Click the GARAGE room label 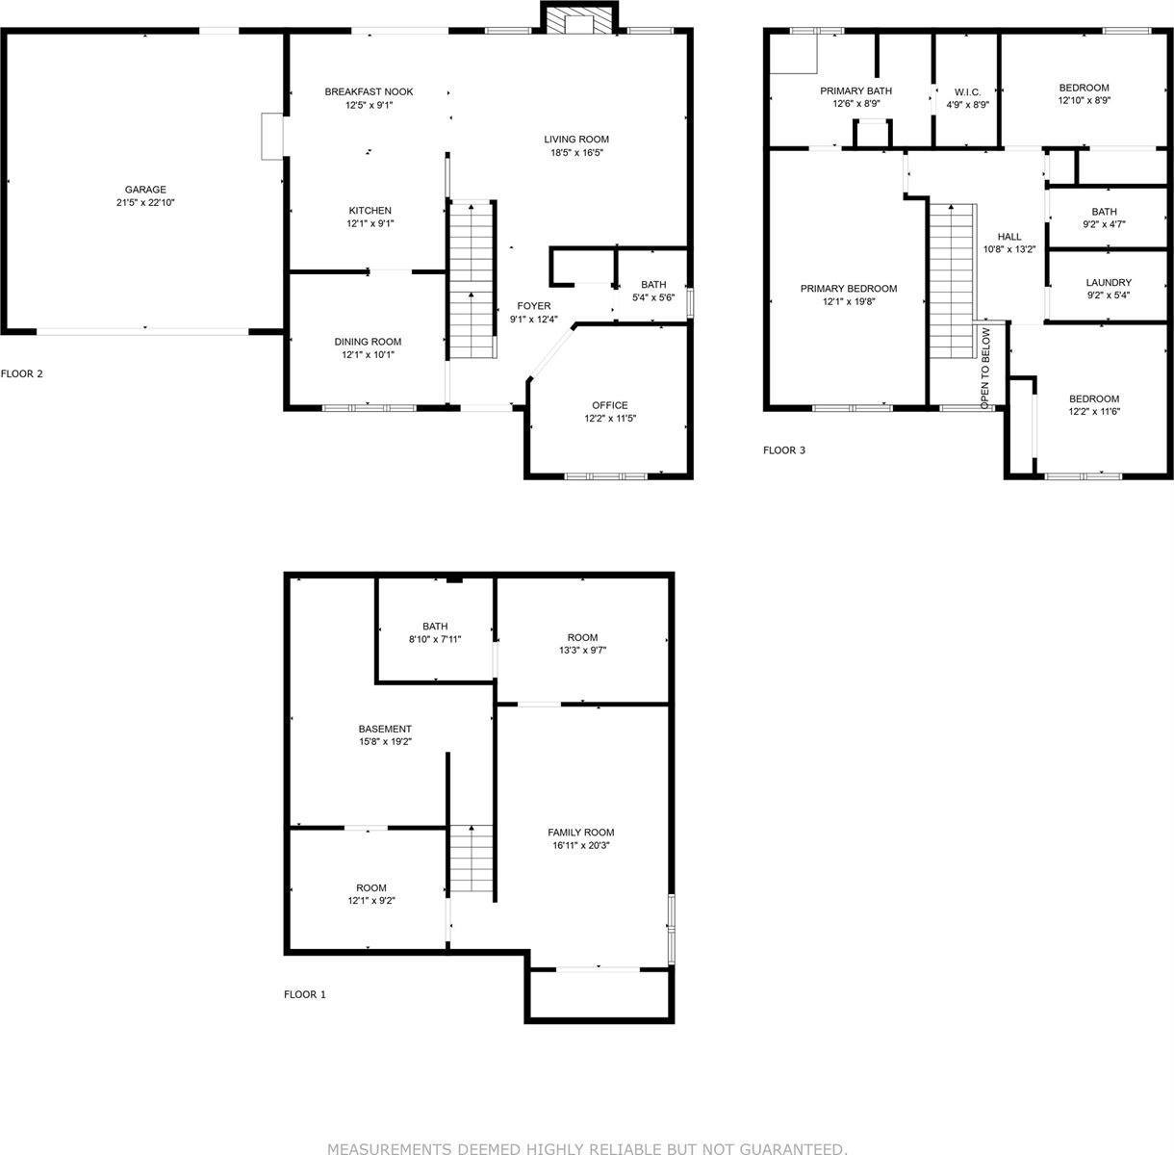tap(145, 190)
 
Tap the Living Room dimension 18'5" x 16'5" tap(577, 152)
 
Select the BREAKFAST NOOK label tap(369, 91)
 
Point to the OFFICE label tap(610, 405)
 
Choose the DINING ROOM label tap(368, 342)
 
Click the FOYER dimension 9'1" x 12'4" tap(534, 319)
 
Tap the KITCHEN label tap(370, 210)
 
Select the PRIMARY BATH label tap(856, 90)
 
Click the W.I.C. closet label tap(967, 92)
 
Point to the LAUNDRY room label tap(1109, 282)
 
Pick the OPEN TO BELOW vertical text tap(985, 368)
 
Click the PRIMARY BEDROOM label tap(849, 289)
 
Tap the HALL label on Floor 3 tap(1009, 237)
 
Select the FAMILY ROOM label tap(580, 832)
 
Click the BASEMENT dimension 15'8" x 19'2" tap(386, 742)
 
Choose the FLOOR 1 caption tap(305, 994)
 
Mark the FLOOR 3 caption tap(784, 450)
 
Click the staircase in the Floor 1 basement tap(471, 860)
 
